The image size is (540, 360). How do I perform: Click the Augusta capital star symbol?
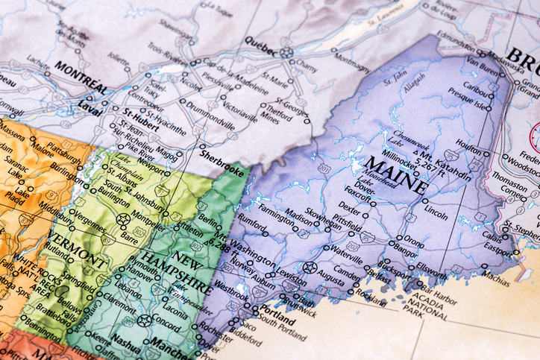pos(310,267)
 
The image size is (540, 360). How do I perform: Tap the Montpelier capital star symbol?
pos(124,219)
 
